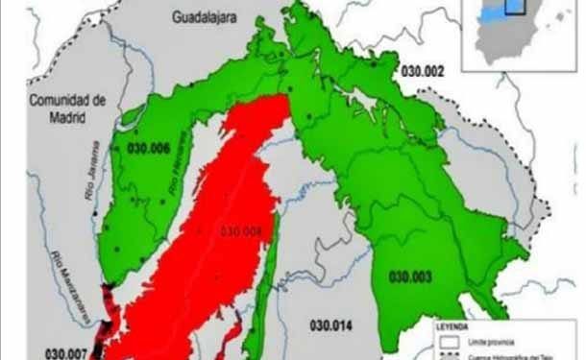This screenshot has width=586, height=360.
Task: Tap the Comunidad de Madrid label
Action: pyautogui.click(x=65, y=108)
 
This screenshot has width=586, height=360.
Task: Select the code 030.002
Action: pyautogui.click(x=423, y=72)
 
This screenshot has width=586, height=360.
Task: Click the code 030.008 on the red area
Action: pyautogui.click(x=240, y=230)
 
